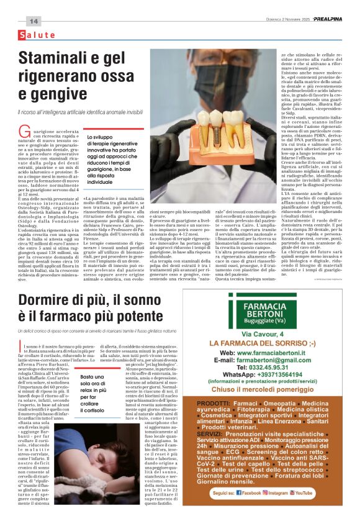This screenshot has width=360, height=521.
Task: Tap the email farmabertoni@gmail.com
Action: point(280,360)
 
